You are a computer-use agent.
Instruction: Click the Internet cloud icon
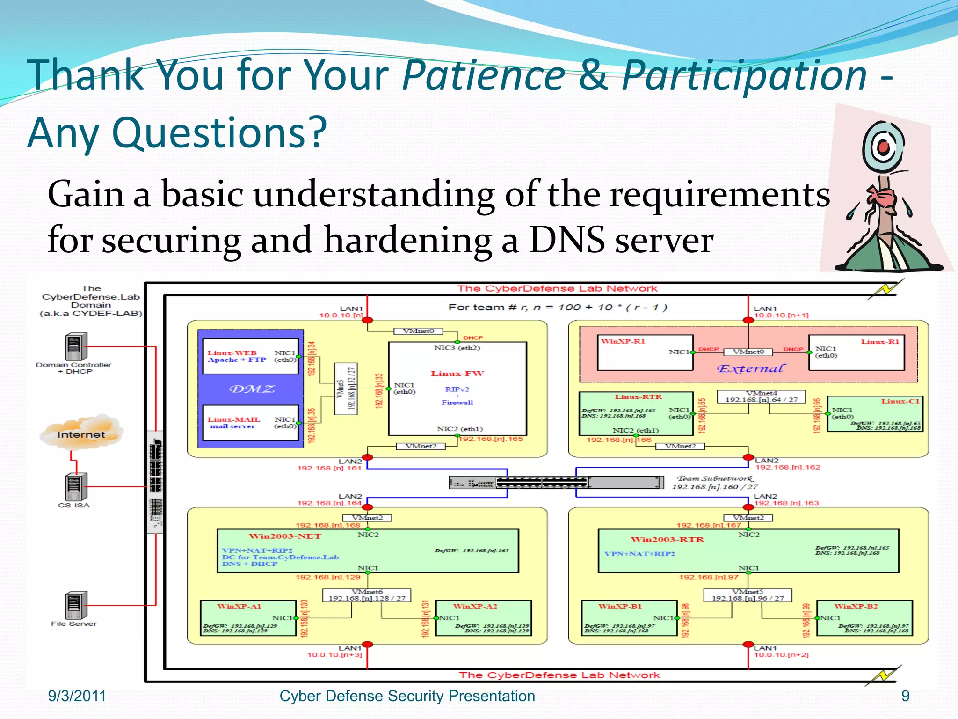pyautogui.click(x=81, y=433)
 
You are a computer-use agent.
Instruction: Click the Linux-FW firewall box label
pyautogui.click(x=457, y=374)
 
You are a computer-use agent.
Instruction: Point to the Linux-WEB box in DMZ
pyautogui.click(x=251, y=356)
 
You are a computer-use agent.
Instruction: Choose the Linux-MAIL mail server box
pyautogui.click(x=251, y=423)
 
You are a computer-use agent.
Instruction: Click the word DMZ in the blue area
pyautogui.click(x=252, y=389)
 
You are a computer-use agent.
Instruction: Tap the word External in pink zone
pyautogui.click(x=750, y=369)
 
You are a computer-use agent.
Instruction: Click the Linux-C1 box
pyautogui.click(x=875, y=414)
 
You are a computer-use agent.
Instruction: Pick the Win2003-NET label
pyautogui.click(x=285, y=536)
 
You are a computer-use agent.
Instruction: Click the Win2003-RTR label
pyautogui.click(x=667, y=540)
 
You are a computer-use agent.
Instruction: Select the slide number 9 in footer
pyautogui.click(x=905, y=696)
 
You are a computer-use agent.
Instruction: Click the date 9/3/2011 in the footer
pyautogui.click(x=77, y=696)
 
